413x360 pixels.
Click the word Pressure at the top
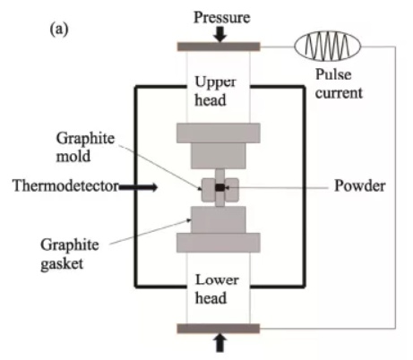pos(222,17)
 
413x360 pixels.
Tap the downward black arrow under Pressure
pos(220,34)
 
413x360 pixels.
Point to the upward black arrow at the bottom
pos(220,343)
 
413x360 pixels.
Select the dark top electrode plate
pos(219,47)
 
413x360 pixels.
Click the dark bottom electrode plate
pos(219,329)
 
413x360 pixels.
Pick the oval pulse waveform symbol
pos(328,46)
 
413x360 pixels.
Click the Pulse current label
pos(339,84)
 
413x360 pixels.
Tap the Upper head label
pos(215,91)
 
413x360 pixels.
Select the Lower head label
pos(217,289)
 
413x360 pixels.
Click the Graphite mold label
pos(85,148)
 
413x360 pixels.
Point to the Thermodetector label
pos(65,185)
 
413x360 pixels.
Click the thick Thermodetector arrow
pos(138,187)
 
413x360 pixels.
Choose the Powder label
pos(359,185)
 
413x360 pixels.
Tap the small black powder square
pos(219,187)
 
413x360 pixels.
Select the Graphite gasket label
pos(70,254)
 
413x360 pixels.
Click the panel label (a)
pos(59,30)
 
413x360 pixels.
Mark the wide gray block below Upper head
pos(219,133)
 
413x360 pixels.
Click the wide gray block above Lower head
pos(219,243)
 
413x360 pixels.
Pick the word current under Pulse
pos(339,93)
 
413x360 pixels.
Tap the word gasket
pos(62,264)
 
